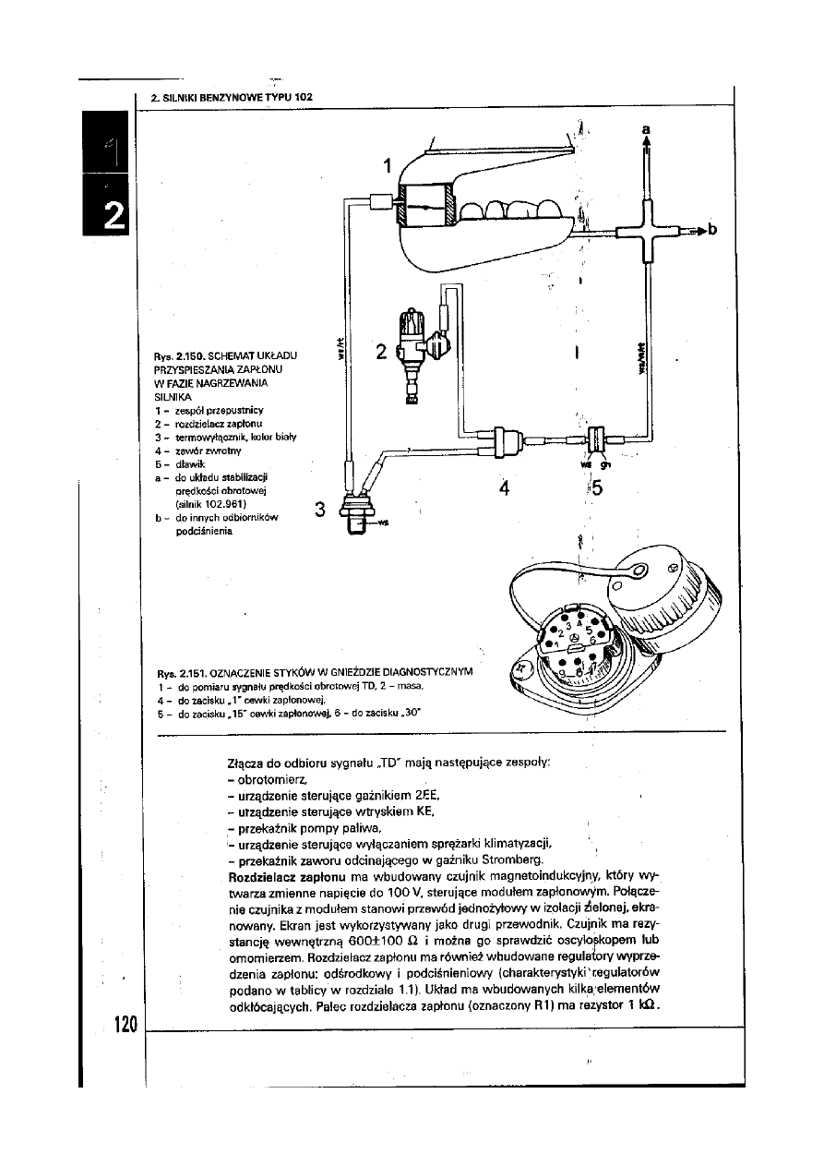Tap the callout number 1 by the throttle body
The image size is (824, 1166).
(388, 166)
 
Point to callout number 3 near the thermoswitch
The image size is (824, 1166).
(320, 509)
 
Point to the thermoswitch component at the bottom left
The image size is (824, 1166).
(355, 513)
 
